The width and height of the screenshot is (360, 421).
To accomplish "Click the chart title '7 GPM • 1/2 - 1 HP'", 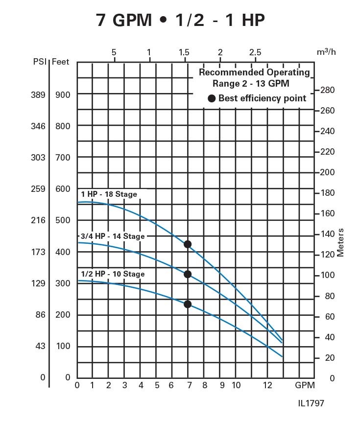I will (x=181, y=20).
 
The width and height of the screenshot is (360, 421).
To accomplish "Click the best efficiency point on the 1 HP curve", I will (x=187, y=244).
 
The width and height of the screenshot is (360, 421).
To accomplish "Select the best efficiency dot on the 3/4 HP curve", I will (x=187, y=274).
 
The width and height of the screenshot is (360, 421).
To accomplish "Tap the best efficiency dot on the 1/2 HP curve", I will (x=187, y=304).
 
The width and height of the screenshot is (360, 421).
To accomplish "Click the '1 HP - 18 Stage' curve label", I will (x=109, y=194).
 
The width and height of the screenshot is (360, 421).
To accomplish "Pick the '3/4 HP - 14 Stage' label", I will (x=112, y=236).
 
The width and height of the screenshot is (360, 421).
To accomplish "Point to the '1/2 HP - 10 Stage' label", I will (x=113, y=274).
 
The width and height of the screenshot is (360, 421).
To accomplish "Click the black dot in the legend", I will (x=212, y=98).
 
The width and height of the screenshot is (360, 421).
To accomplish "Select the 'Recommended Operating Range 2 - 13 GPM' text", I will (x=254, y=78).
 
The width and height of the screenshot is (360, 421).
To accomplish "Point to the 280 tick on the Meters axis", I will (x=327, y=90).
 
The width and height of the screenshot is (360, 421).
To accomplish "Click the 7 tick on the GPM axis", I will (x=189, y=385).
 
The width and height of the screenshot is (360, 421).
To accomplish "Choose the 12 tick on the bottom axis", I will (x=267, y=385).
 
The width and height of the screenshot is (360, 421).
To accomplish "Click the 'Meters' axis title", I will (x=341, y=243).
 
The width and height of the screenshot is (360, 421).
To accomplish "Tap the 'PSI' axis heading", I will (x=40, y=62).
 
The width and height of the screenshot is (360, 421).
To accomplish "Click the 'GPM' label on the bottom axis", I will (x=305, y=385).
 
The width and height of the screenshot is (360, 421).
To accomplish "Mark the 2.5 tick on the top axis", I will (x=255, y=52).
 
